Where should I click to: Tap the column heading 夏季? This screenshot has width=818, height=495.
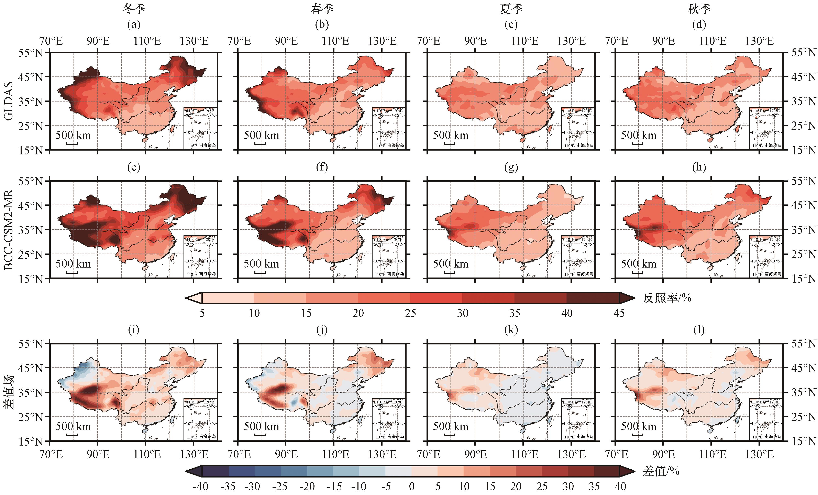coord(511,9)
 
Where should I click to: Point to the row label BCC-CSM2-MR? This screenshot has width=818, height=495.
coord(8,229)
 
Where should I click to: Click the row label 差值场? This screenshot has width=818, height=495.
coord(8,392)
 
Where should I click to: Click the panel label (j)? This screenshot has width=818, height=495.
coord(322,330)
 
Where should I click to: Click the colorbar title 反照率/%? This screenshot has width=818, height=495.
coord(667,298)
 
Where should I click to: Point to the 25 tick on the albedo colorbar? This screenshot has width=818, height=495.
coord(410,313)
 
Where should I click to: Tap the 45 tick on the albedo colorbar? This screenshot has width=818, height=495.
coord(619,313)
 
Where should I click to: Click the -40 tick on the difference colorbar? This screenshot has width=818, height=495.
coord(200,486)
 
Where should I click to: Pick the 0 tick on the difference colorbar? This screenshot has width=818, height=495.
coord(412,486)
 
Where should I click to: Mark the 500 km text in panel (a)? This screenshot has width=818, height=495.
coord(73,135)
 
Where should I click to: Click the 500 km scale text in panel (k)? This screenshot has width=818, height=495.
coord(451,426)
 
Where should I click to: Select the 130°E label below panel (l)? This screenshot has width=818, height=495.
coord(760,454)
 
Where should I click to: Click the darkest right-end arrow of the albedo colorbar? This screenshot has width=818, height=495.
coord(627,298)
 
